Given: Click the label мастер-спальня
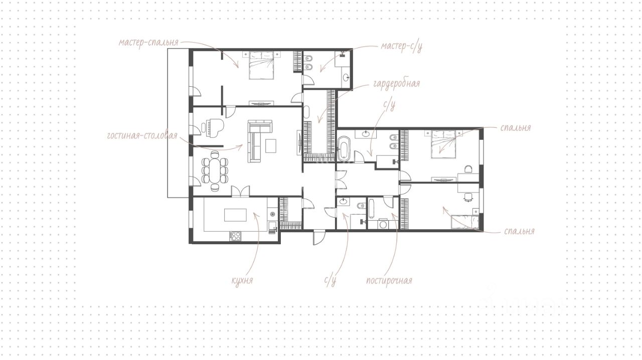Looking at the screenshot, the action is (x=148, y=43).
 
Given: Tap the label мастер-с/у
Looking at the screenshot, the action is (x=401, y=47).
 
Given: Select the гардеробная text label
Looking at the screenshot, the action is (x=396, y=83).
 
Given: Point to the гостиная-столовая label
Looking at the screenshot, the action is (x=142, y=135).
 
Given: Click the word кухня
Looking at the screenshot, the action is (x=242, y=280).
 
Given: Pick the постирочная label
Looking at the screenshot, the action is (x=389, y=280).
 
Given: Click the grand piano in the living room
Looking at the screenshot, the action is (x=212, y=128).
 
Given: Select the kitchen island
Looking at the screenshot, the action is (x=235, y=215).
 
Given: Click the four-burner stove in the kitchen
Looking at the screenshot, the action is (x=235, y=237).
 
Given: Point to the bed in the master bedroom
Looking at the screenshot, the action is (x=261, y=65).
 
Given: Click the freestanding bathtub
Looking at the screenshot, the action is (x=344, y=148).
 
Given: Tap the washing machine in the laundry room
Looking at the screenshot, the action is (x=383, y=224).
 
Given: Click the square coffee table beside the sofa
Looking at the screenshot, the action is (x=271, y=146).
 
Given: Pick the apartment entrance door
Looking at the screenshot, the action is (x=318, y=237).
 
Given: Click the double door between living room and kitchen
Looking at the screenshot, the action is (x=240, y=191).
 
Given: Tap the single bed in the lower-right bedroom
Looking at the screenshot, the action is (x=464, y=223).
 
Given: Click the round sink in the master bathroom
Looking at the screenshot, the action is (x=347, y=77).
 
